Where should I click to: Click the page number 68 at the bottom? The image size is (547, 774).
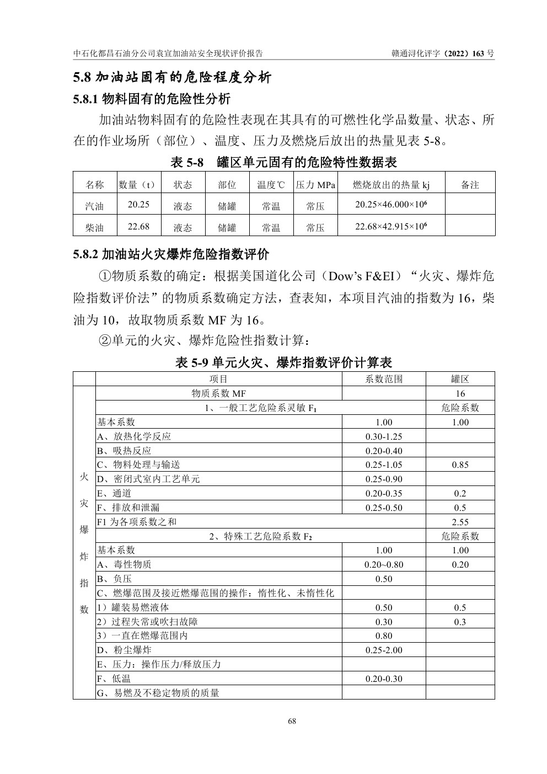click(292, 721)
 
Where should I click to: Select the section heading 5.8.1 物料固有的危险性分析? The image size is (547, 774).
click(152, 99)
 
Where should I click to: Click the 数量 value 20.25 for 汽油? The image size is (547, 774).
click(138, 204)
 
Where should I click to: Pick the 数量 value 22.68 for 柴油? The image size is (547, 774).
click(138, 226)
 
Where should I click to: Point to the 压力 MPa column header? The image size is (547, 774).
click(315, 185)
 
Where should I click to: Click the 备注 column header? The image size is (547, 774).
click(470, 185)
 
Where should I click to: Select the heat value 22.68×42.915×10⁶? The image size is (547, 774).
click(391, 226)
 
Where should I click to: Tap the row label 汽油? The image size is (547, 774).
click(95, 206)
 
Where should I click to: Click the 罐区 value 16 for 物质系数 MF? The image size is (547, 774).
click(460, 393)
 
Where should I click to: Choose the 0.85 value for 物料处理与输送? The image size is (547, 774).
click(460, 465)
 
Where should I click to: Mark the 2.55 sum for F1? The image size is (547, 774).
click(460, 522)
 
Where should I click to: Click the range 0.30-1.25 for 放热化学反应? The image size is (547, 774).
click(384, 436)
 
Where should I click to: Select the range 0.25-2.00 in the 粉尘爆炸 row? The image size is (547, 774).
click(384, 650)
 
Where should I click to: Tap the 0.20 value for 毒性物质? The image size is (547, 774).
click(460, 564)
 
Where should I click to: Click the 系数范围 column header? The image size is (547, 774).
click(384, 379)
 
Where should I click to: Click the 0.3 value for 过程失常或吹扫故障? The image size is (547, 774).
click(460, 622)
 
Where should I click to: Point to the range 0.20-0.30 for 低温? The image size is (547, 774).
click(384, 679)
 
